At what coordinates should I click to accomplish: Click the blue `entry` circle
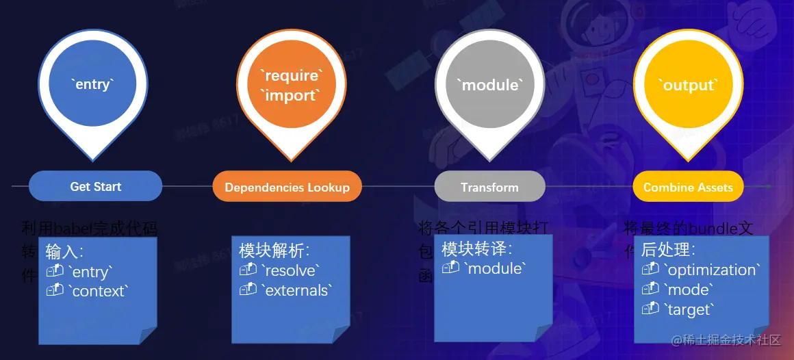click(x=92, y=84)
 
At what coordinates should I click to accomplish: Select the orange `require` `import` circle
click(x=292, y=86)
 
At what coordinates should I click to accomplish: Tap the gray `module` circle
click(x=489, y=85)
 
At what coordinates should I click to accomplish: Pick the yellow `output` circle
click(x=688, y=85)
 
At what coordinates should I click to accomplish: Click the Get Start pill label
click(x=95, y=186)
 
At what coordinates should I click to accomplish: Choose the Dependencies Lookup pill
click(x=287, y=187)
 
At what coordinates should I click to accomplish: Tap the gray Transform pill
click(x=489, y=187)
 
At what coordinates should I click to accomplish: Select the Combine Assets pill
click(x=688, y=187)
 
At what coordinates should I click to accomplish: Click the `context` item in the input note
click(x=98, y=291)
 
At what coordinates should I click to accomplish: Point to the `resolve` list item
click(x=290, y=270)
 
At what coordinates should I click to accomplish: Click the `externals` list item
click(x=296, y=290)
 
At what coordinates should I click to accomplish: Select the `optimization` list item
click(x=712, y=270)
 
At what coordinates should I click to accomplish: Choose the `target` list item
click(x=689, y=309)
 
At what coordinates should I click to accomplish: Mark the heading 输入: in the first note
click(x=64, y=250)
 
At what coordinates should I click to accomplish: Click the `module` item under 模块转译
click(x=495, y=268)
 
